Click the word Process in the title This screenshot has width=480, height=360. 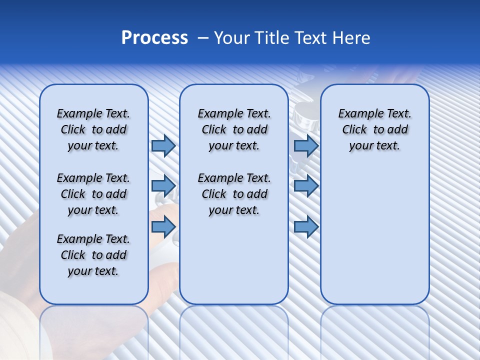coord(154,38)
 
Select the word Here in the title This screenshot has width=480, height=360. coord(351,38)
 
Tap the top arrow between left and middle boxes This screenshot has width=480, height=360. coord(163,146)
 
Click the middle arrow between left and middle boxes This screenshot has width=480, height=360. coord(163,186)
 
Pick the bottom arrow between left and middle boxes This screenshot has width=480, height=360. coord(163,227)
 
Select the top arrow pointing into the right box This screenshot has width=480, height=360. coord(306,146)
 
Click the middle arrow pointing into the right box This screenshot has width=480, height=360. coord(306,186)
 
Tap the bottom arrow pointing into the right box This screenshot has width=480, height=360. coord(306,227)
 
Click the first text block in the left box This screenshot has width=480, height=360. coord(93,129)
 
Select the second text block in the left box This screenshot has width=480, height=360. coord(93,194)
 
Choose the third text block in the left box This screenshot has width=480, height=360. coord(93,255)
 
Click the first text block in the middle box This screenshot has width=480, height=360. coord(234,129)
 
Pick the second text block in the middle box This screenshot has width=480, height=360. coord(234,194)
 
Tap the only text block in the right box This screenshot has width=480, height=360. coord(374,129)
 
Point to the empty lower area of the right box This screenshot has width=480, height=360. coord(374,235)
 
